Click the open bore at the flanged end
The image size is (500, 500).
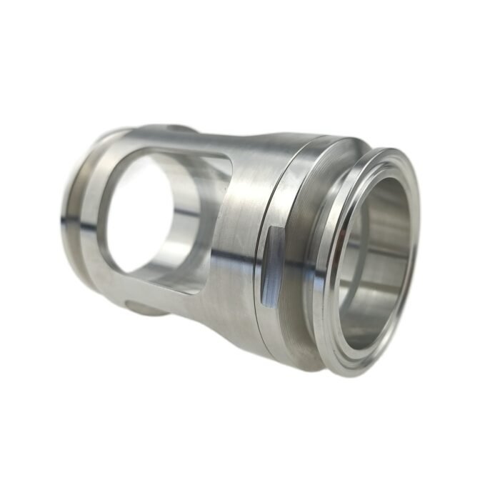pos(376,268)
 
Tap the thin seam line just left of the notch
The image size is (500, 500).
pos(257,271)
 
